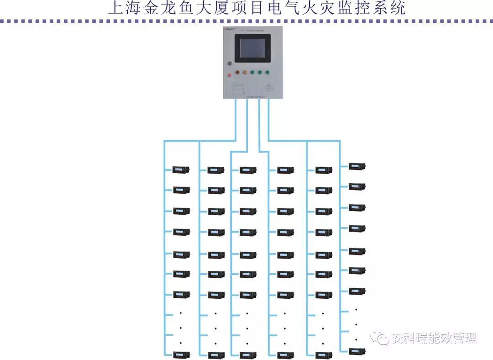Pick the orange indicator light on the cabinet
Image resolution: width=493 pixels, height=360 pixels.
click(x=245, y=72)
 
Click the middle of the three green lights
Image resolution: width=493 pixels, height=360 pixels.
click(x=260, y=72)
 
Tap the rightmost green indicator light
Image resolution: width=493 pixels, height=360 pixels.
click(x=267, y=72)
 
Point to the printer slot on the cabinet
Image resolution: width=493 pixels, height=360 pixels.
click(x=239, y=87)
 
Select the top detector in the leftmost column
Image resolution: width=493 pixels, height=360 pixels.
click(x=181, y=170)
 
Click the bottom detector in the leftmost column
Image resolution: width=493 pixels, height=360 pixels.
click(x=181, y=355)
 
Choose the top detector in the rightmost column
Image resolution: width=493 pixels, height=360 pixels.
click(x=357, y=166)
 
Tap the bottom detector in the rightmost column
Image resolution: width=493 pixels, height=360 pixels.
click(x=357, y=351)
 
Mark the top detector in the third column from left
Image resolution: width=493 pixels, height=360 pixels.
click(x=248, y=170)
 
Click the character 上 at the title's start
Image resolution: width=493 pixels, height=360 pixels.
click(x=116, y=8)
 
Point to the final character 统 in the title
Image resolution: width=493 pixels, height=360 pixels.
click(x=398, y=8)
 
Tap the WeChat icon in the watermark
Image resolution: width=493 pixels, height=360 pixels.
click(x=379, y=338)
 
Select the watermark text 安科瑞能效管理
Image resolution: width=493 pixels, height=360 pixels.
click(x=433, y=339)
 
